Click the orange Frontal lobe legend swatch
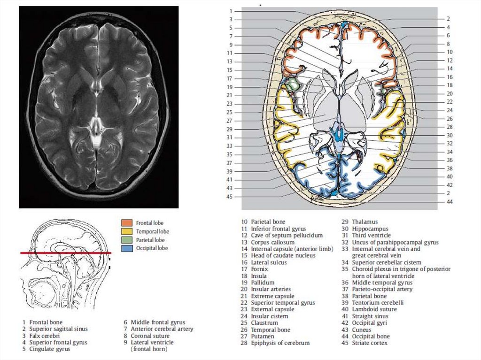coord(126,222)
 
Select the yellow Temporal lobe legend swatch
coord(126,231)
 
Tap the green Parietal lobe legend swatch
coord(126,239)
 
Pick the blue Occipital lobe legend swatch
coord(126,248)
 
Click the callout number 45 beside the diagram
coord(230,197)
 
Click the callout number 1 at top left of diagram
coord(231,11)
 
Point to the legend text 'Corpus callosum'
coord(272,242)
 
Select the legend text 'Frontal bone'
coord(46,322)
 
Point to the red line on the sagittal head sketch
coord(66,253)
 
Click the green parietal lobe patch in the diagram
coord(294,85)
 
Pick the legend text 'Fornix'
coord(259,269)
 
